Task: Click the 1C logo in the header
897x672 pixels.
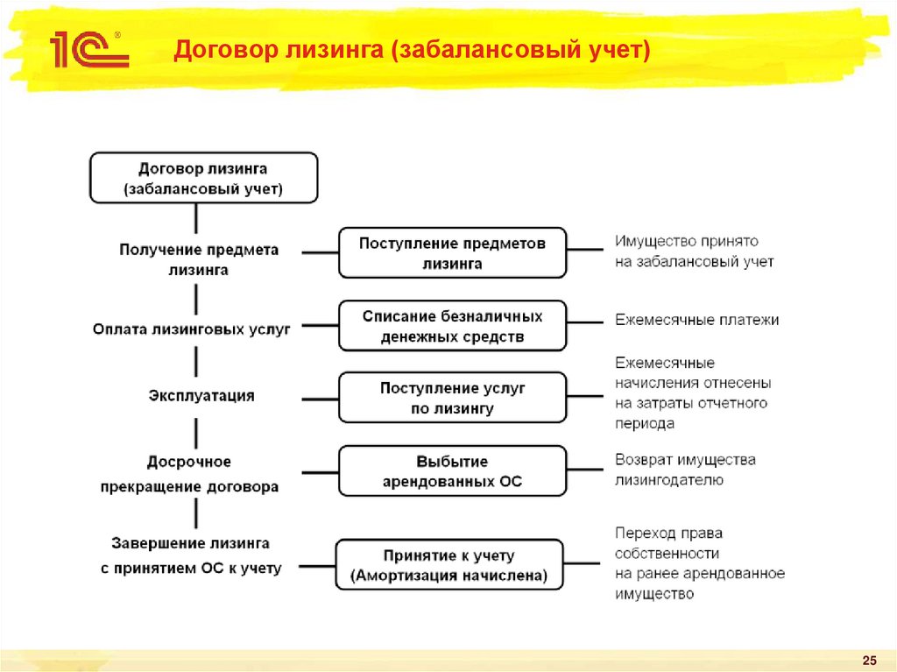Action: [88, 50]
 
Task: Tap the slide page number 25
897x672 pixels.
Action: [870, 660]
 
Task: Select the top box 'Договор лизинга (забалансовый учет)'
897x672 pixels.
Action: [203, 178]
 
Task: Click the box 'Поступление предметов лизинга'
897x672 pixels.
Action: [452, 252]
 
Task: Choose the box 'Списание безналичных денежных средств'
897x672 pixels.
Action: [452, 326]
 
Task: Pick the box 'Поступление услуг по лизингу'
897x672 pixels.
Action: [452, 398]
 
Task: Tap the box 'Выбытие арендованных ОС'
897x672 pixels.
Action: [452, 471]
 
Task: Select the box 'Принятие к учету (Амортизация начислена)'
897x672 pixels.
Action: [449, 565]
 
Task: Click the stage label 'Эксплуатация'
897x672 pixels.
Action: [201, 396]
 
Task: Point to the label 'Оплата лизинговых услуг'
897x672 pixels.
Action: [191, 329]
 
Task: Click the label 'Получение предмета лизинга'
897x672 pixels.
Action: [199, 260]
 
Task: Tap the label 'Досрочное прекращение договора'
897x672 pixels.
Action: [189, 474]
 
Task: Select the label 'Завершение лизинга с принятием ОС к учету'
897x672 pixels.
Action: [191, 556]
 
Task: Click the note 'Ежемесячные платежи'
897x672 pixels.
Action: [696, 320]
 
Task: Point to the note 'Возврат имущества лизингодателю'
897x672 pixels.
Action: [685, 470]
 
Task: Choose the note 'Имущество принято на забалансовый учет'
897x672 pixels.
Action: [694, 251]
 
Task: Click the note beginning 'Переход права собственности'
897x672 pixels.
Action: [699, 563]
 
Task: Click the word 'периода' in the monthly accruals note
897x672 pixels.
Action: [644, 423]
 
